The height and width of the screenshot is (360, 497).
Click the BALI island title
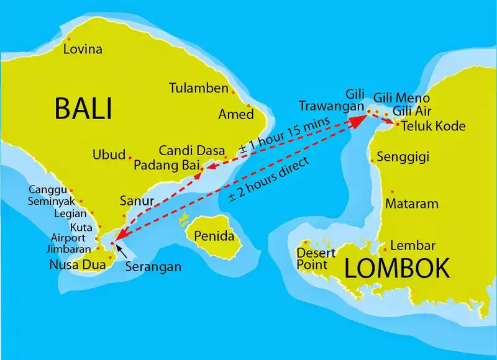pos(83,108)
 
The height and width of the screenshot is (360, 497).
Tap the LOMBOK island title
pos(397,269)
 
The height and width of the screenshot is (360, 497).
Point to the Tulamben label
pos(199,88)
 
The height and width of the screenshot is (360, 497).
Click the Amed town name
pos(236,114)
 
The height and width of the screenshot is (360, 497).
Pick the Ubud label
pos(109,155)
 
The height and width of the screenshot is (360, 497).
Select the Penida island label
pos(214,236)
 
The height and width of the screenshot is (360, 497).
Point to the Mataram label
pos(412,204)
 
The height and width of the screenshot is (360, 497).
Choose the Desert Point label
pos(316,259)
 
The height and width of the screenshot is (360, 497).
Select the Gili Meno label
pos(401,98)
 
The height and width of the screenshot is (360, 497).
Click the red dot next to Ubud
pos(129,155)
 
